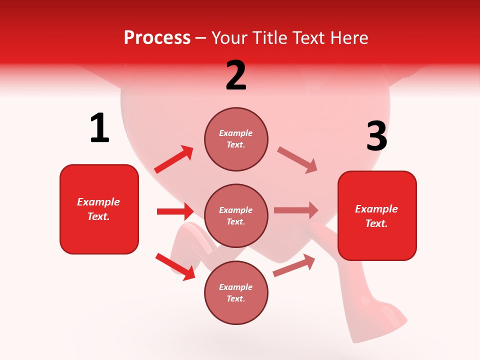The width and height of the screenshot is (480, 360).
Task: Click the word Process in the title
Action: point(157,38)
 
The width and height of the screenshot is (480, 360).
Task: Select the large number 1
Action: point(99,128)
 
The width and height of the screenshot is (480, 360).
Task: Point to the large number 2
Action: point(236,75)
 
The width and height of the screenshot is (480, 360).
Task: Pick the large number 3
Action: point(376,136)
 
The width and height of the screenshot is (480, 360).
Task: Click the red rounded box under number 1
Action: point(99,209)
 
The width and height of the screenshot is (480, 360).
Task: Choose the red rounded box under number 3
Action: point(377,216)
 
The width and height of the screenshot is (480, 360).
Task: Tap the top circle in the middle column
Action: point(236,139)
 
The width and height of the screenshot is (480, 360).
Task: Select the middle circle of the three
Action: point(236,216)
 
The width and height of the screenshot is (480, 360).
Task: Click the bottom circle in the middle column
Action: point(236,293)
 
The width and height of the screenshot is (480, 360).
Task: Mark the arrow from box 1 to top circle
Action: point(174,159)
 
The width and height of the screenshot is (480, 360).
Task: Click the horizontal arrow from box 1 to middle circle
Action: point(175,211)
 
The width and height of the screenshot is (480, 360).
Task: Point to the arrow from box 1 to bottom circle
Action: point(175,266)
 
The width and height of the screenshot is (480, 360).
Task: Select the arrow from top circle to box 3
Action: point(297,160)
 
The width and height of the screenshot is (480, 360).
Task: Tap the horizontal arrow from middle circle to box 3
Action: point(296,210)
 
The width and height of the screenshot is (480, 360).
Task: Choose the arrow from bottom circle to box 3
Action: point(294,265)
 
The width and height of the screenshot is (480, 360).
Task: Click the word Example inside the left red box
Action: point(98,202)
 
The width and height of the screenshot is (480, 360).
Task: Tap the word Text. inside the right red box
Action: point(376,223)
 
